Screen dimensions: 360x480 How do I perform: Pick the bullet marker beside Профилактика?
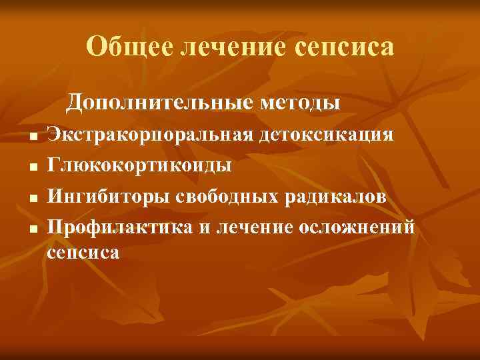tap(32, 230)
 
